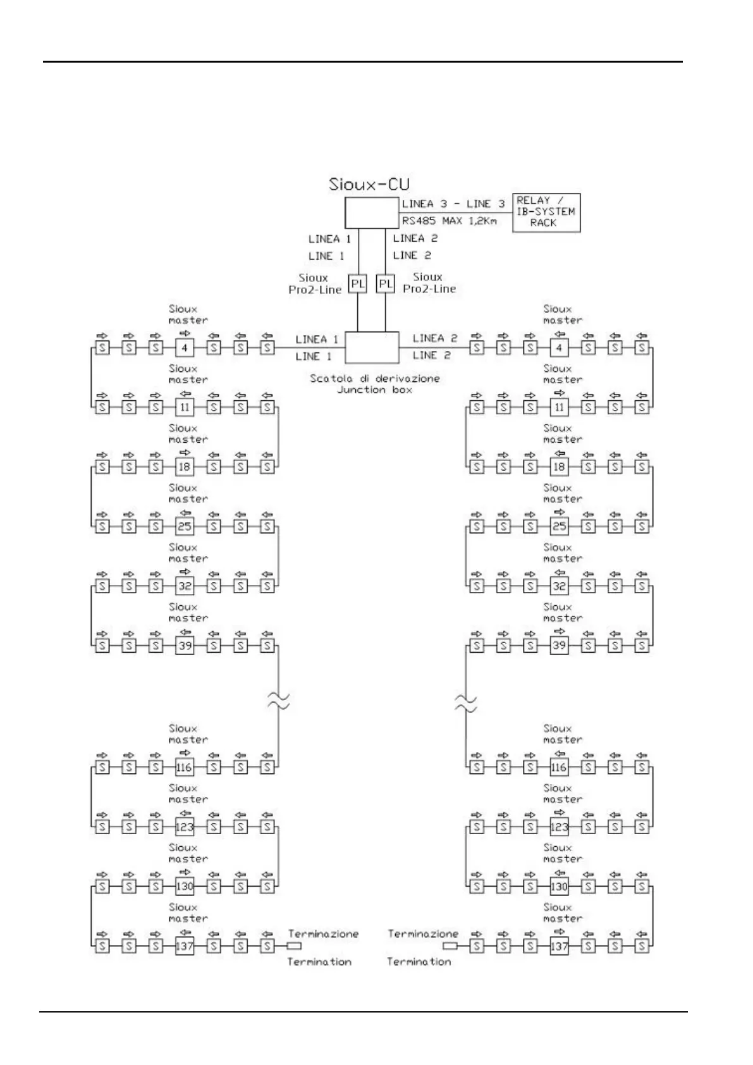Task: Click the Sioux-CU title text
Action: [369, 184]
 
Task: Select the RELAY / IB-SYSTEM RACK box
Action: [546, 212]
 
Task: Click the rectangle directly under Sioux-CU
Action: [371, 212]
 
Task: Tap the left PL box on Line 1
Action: [358, 284]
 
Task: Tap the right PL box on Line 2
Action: [385, 284]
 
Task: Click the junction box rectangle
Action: [372, 347]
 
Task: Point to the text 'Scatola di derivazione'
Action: [374, 378]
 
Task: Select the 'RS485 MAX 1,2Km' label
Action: [450, 221]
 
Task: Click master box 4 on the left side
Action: [184, 347]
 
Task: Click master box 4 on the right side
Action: [559, 347]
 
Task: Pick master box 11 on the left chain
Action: [184, 407]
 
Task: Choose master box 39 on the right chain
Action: [559, 645]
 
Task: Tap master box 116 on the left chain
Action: [184, 767]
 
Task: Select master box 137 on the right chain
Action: [559, 946]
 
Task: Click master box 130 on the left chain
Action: [184, 886]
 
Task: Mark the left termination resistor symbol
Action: [294, 946]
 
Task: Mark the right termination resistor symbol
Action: [450, 946]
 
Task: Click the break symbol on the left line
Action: [278, 700]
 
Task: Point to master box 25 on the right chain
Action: [559, 526]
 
